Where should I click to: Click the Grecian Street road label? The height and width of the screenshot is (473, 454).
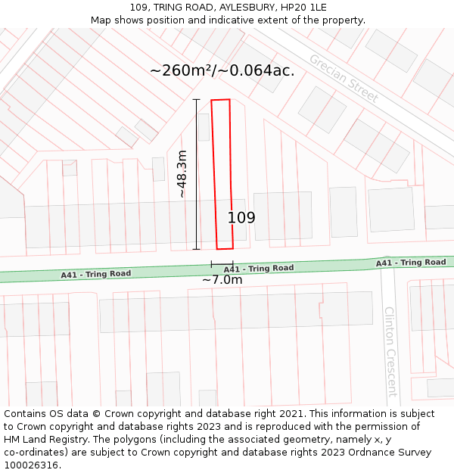pyautogui.click(x=343, y=79)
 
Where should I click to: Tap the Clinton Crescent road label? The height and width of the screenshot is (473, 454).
pyautogui.click(x=390, y=351)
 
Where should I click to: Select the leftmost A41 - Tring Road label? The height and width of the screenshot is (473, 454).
pyautogui.click(x=96, y=274)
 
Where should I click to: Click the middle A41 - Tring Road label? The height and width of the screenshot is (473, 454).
pyautogui.click(x=259, y=269)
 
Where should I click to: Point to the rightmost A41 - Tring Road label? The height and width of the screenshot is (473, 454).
pyautogui.click(x=411, y=263)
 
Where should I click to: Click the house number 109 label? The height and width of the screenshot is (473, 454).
pyautogui.click(x=241, y=218)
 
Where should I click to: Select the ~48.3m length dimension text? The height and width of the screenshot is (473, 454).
pyautogui.click(x=182, y=174)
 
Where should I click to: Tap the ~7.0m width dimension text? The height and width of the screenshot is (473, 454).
pyautogui.click(x=222, y=280)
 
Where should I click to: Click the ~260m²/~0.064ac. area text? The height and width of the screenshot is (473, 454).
pyautogui.click(x=222, y=70)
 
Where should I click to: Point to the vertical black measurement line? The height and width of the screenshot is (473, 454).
pyautogui.click(x=196, y=174)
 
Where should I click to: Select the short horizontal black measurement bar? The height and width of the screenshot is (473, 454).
pyautogui.click(x=222, y=263)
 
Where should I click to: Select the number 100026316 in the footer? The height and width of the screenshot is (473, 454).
pyautogui.click(x=32, y=465)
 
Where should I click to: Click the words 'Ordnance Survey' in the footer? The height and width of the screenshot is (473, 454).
pyautogui.click(x=391, y=453)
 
